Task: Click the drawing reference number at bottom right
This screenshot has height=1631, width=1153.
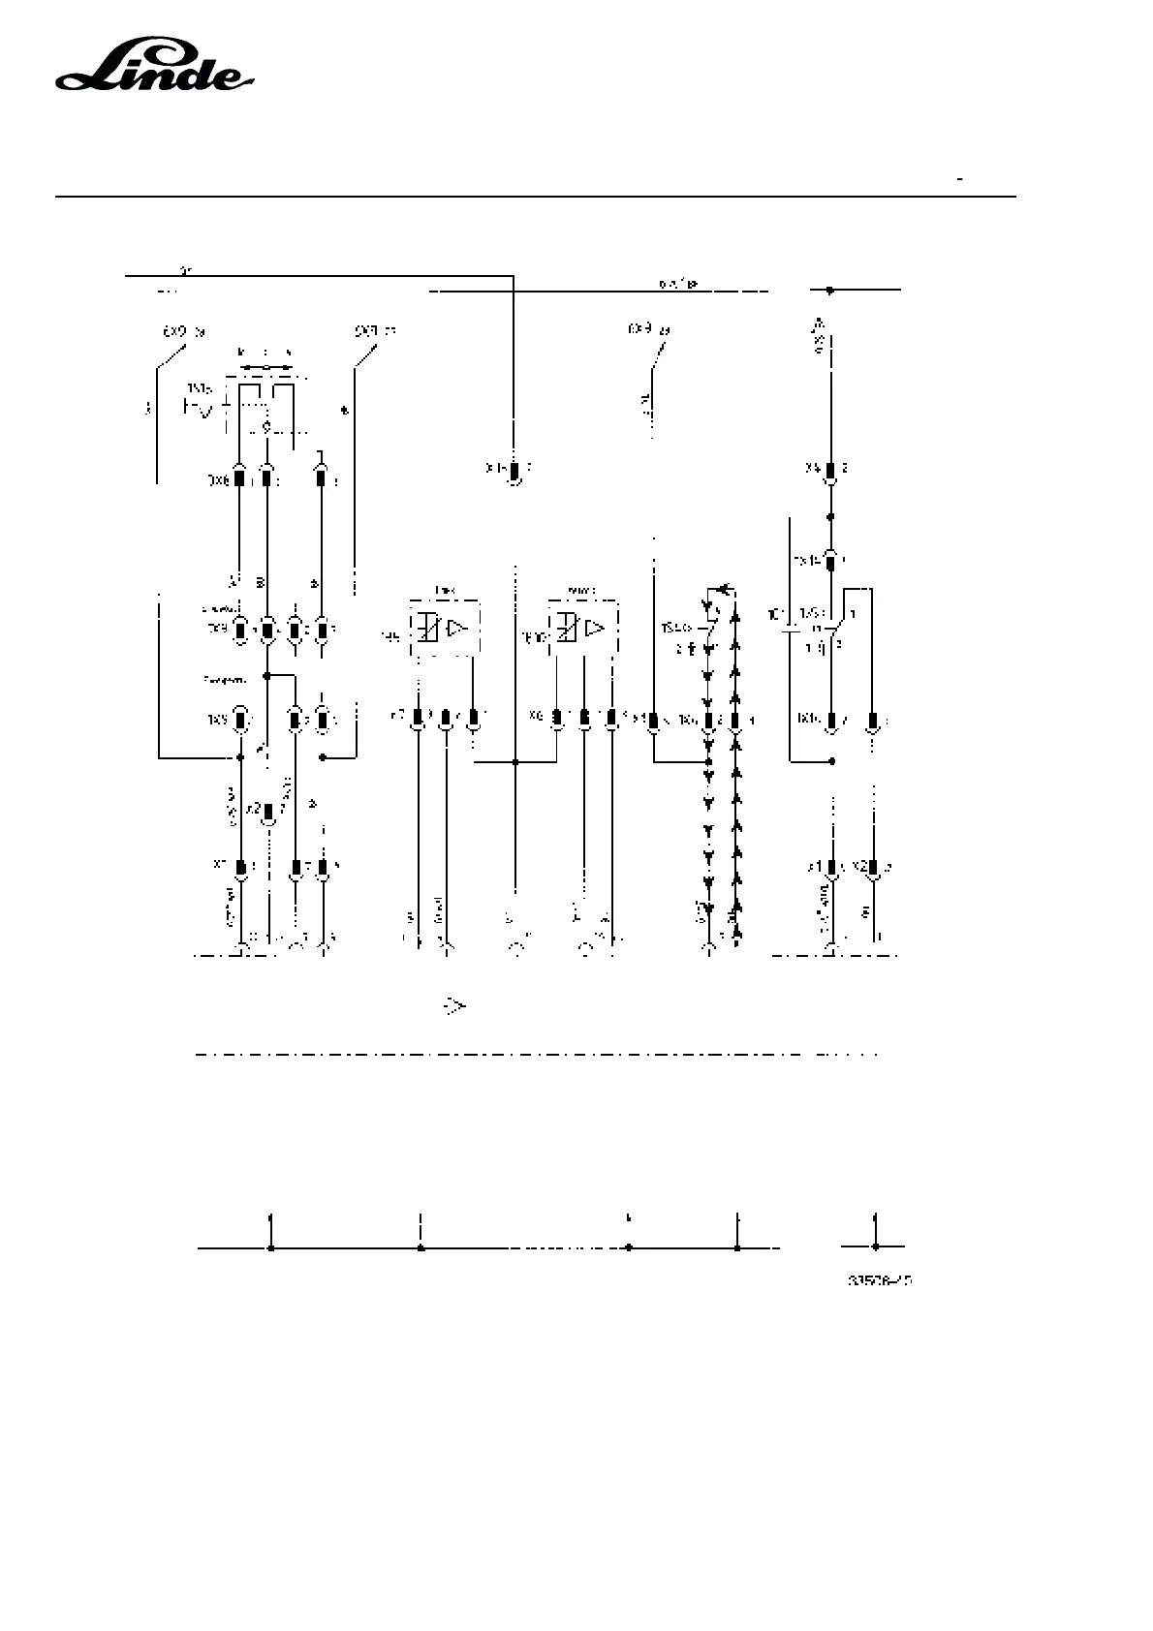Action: pos(880,1280)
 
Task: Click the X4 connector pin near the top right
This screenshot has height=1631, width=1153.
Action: pos(830,471)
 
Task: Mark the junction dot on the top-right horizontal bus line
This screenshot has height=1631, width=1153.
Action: pos(829,290)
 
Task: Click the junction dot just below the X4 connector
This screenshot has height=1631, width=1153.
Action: pos(830,516)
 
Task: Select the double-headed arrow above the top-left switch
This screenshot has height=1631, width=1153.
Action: pos(265,368)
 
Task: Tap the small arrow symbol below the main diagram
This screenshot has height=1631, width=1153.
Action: pos(454,1007)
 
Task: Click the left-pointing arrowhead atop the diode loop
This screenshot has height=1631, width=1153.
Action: pos(720,588)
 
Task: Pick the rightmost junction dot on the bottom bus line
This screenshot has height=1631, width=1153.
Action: pos(876,1247)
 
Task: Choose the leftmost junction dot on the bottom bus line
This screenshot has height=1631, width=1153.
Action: pos(271,1248)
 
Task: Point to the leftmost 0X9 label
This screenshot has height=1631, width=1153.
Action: pos(182,331)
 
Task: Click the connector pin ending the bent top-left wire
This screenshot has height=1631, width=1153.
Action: pos(515,473)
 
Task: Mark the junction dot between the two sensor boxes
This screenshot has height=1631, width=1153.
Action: pos(515,762)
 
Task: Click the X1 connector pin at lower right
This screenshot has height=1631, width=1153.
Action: pos(830,866)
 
